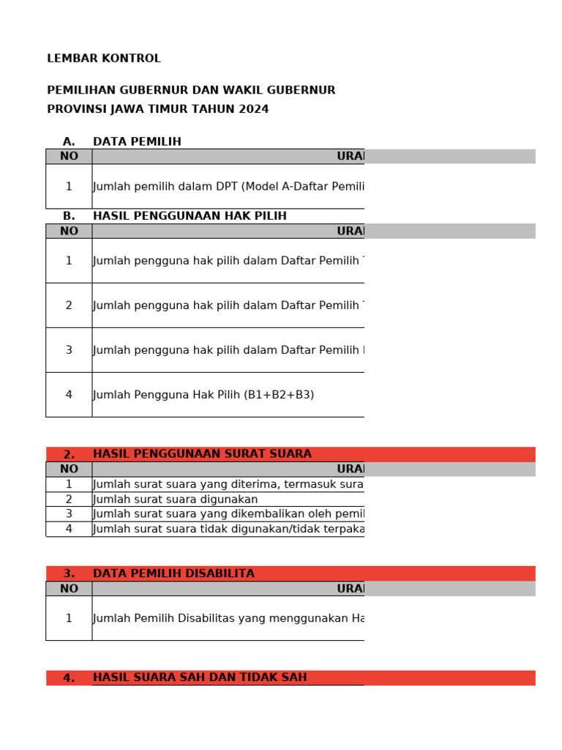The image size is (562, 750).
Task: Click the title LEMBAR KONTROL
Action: point(104,59)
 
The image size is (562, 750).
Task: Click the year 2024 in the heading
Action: point(253,109)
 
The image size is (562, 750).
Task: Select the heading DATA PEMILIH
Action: point(137,141)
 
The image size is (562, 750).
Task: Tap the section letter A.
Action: point(69,141)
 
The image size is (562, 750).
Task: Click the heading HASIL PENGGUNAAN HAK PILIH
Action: point(190,216)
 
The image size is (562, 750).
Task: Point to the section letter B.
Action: point(69,216)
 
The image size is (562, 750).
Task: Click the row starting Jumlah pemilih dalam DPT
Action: point(228,187)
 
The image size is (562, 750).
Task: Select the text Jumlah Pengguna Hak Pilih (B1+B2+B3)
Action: point(203,395)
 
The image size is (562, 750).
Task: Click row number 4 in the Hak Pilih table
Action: point(69,395)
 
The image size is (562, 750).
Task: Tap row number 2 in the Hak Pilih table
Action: point(69,305)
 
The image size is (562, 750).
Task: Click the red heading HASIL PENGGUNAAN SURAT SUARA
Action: point(202,454)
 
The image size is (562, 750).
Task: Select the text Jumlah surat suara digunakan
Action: point(176,500)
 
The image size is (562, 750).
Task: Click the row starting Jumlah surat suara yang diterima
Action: point(228,484)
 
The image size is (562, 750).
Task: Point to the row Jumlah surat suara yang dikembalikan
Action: point(228,514)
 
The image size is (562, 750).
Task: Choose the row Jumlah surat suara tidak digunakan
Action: point(228,529)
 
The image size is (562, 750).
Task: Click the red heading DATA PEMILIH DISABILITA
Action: point(173,573)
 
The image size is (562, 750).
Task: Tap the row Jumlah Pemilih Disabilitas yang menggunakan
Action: point(228,618)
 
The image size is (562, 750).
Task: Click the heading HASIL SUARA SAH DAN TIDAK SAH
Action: point(200,677)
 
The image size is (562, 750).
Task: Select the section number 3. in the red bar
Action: point(69,573)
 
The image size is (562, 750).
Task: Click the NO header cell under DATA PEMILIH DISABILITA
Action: point(69,588)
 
